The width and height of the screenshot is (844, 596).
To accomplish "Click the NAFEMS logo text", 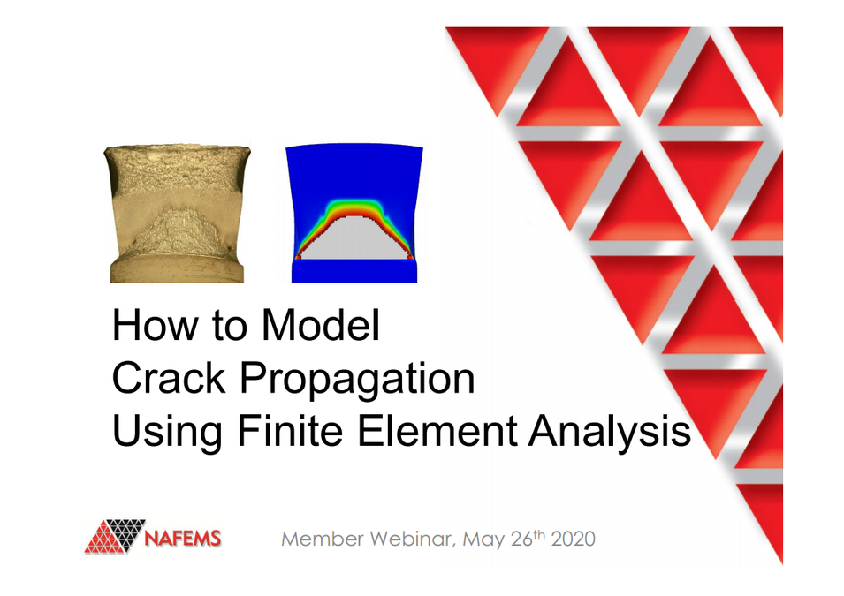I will tap(182, 538).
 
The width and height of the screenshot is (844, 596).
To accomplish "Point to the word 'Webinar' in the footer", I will tap(412, 539).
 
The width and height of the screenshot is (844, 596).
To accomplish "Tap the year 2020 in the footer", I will tap(573, 539).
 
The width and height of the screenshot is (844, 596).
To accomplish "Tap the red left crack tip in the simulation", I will tap(299, 257).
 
